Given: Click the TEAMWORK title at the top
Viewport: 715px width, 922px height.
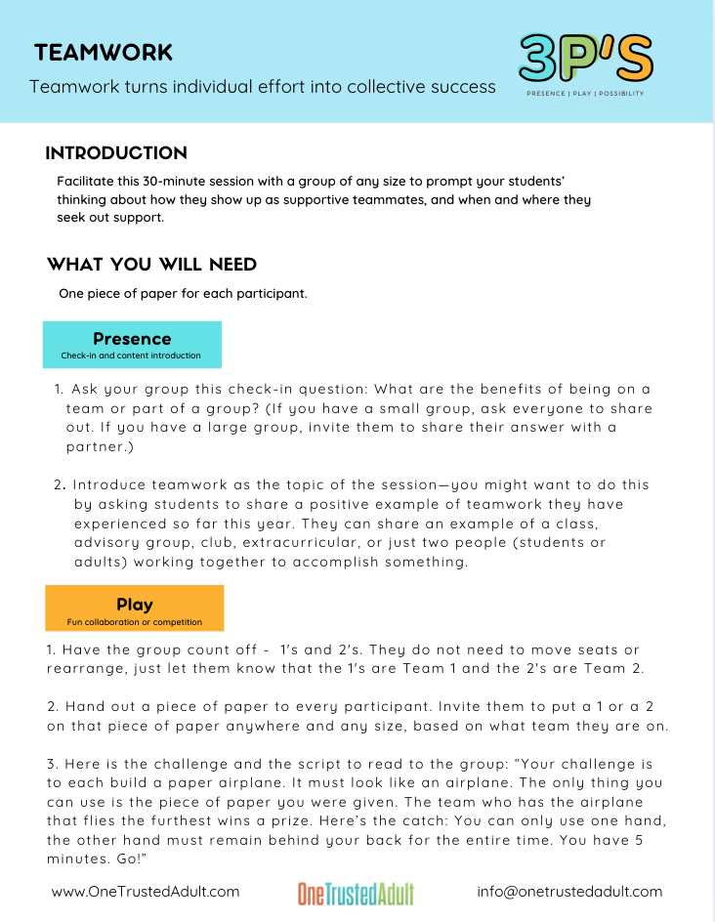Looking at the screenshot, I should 103,53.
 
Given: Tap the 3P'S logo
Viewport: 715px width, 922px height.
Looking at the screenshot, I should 585,60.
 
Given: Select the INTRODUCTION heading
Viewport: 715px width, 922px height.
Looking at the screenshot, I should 116,153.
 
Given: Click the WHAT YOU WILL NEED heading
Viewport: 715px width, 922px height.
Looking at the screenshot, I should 151,265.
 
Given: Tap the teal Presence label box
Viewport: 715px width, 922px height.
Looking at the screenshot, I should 132,344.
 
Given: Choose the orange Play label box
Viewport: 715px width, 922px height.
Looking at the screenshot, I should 134,608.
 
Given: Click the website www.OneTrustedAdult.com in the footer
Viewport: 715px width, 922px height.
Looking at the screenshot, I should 145,892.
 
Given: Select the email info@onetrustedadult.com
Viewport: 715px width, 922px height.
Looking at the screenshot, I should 569,892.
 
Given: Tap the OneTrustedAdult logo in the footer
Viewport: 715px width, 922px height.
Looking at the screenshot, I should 356,893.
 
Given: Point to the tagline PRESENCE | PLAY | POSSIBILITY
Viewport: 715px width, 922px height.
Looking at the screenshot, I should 585,94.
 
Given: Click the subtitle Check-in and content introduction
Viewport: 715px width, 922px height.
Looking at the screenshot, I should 130,356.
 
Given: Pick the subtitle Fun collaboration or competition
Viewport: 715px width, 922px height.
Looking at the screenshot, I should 134,621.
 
